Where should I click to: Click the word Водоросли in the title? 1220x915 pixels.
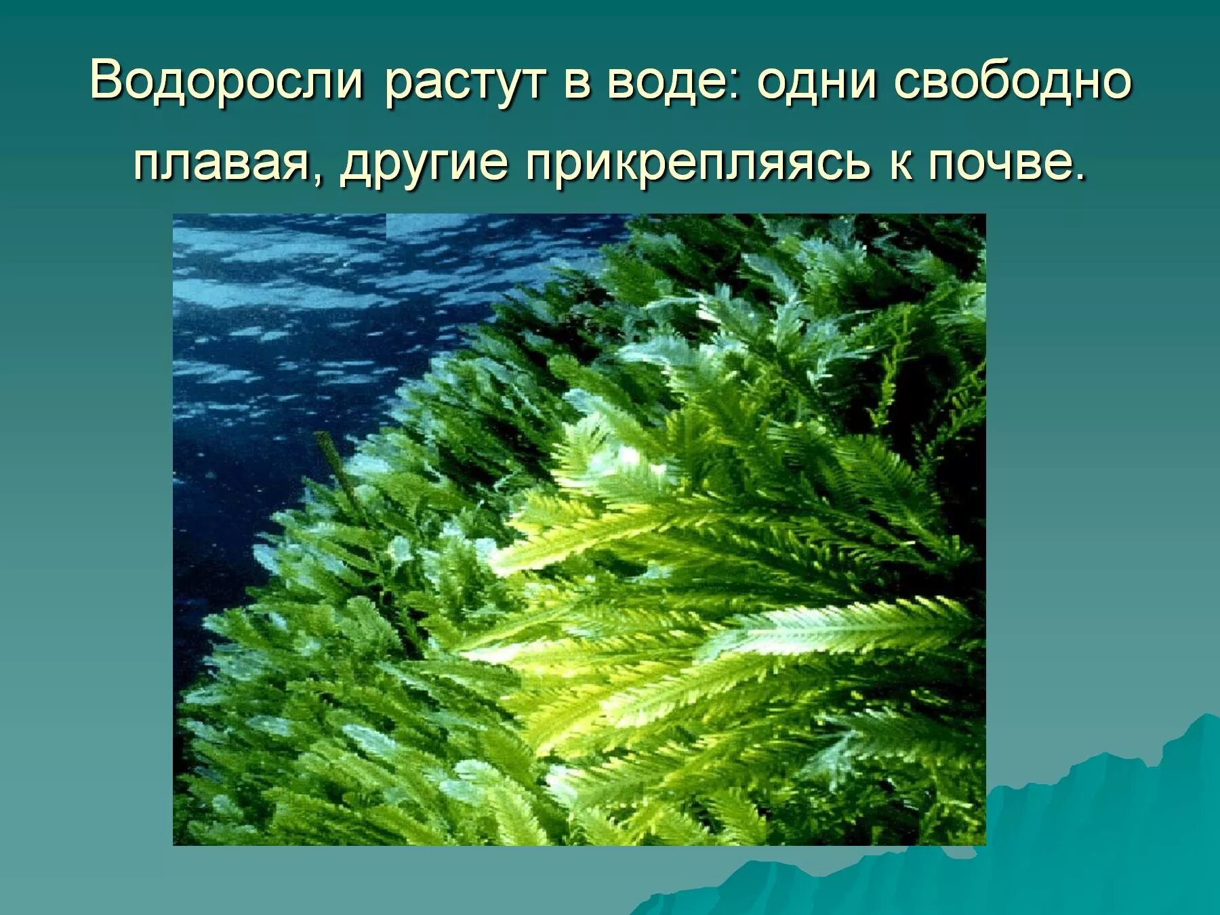click(x=226, y=81)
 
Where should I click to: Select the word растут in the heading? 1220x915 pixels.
click(x=465, y=84)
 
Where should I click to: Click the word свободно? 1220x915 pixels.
click(x=1013, y=81)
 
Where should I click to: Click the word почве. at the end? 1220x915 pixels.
click(x=1007, y=165)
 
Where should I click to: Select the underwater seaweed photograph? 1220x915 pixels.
click(x=579, y=529)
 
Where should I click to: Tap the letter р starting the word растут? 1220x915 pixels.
click(x=398, y=87)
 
